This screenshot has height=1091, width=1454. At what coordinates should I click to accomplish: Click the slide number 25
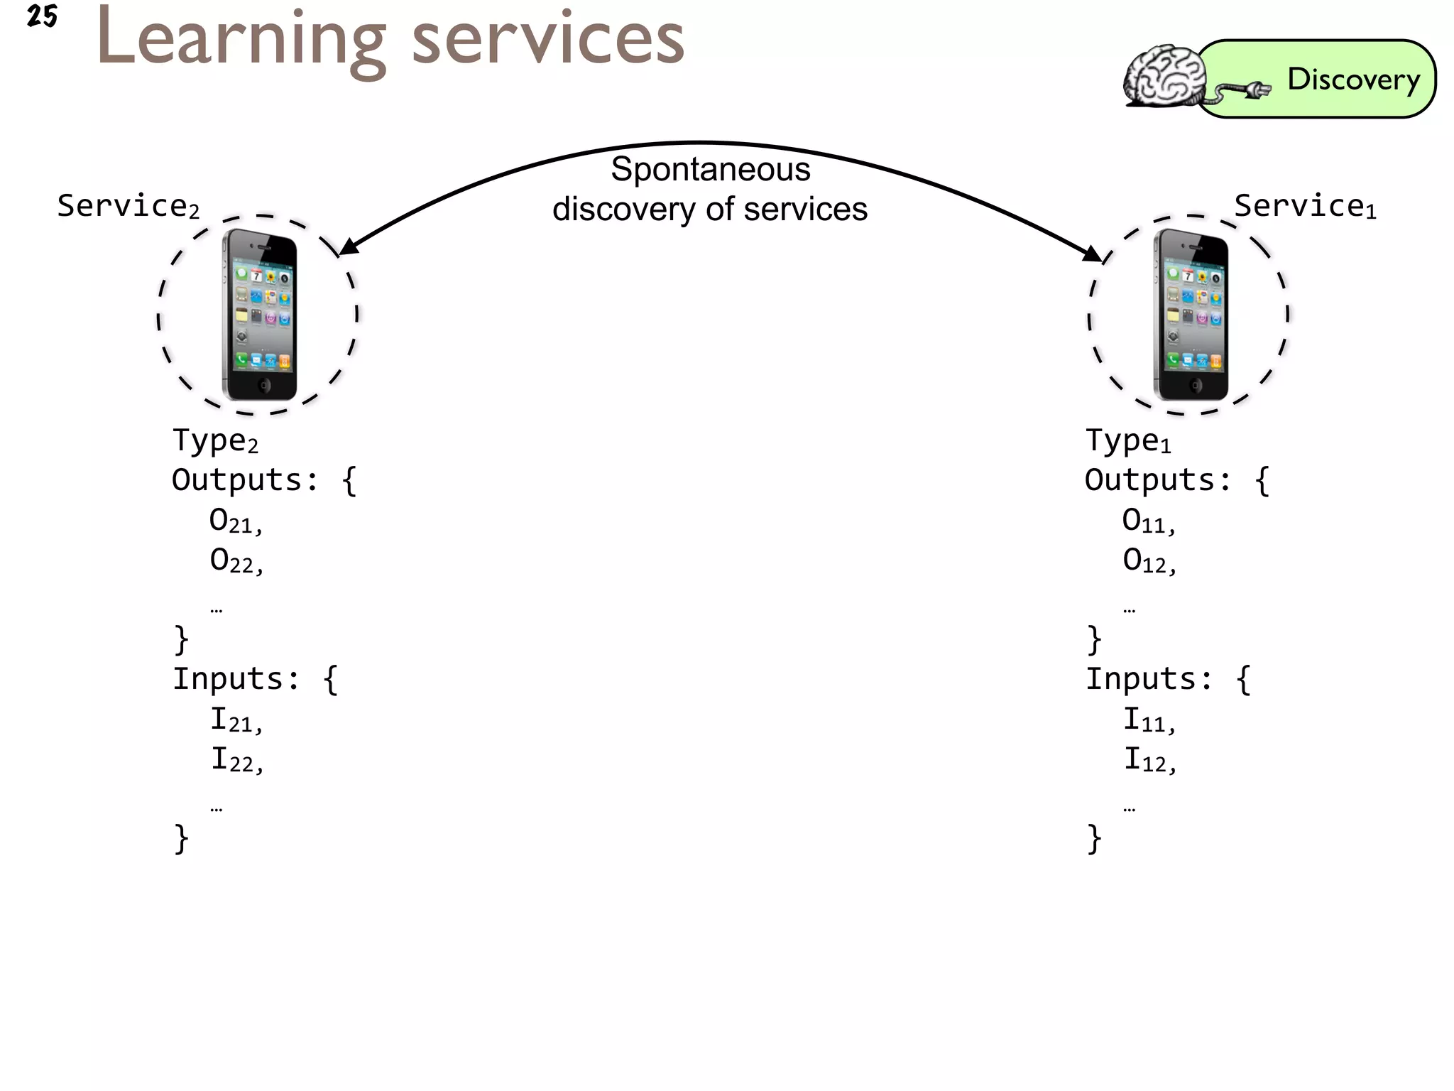tap(42, 16)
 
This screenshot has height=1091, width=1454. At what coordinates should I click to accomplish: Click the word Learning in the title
tap(241, 40)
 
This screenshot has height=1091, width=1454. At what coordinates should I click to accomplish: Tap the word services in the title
tap(547, 40)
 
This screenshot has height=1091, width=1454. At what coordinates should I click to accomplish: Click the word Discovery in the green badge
tap(1353, 80)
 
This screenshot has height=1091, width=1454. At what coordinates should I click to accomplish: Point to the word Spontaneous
tap(710, 170)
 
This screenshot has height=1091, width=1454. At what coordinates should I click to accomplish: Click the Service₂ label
tap(128, 206)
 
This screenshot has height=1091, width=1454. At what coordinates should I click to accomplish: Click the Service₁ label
tap(1305, 206)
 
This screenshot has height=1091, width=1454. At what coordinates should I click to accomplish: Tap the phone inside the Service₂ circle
tap(260, 315)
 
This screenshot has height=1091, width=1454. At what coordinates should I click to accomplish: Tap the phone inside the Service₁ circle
tap(1191, 315)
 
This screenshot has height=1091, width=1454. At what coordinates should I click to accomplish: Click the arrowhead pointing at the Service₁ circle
tap(1093, 254)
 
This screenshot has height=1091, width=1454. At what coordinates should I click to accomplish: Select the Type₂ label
tap(215, 441)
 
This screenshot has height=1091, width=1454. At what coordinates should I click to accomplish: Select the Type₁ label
tap(1128, 441)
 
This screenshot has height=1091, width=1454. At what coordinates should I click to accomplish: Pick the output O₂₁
tap(235, 521)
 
